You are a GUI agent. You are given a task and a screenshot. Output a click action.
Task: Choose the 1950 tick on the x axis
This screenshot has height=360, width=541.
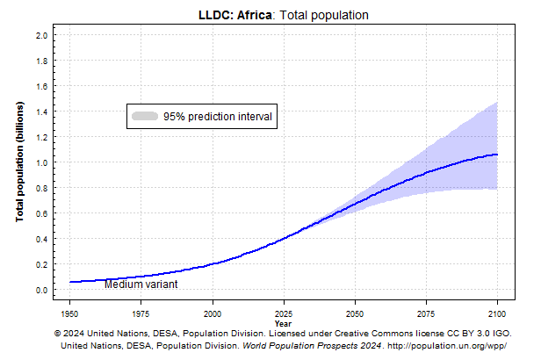69,313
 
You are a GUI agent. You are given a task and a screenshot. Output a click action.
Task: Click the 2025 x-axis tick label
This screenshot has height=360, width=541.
284,313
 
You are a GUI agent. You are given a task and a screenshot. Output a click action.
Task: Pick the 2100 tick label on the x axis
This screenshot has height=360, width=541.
497,313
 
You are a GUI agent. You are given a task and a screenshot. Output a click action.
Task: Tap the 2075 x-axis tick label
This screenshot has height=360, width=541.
426,313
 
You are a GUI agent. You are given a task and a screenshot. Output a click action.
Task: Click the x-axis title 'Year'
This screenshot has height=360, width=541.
283,322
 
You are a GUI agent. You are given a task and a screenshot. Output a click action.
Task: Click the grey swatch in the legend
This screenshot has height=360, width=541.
144,116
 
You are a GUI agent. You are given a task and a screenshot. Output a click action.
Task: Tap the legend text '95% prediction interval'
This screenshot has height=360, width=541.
218,116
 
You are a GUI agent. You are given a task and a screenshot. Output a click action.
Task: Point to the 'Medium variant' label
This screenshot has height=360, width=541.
141,284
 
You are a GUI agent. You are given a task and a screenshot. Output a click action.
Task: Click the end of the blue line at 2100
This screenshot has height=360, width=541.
497,155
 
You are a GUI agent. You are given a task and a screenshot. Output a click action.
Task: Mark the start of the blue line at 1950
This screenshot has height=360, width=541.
69,282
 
